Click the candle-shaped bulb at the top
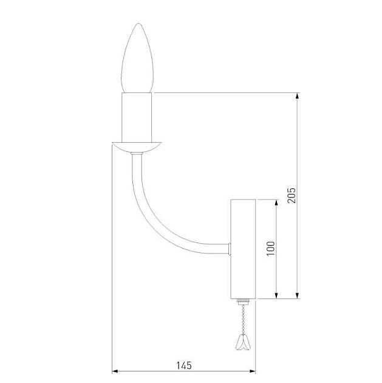pos(137,58)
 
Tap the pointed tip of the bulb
pos(138,24)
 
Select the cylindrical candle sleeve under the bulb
pos(137,117)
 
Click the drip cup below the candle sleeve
pos(137,147)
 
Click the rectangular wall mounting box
pos(243,249)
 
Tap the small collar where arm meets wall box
pos(230,249)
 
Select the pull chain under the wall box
pos(243,319)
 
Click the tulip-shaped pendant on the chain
pos(242,342)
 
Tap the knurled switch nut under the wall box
pos(243,302)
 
